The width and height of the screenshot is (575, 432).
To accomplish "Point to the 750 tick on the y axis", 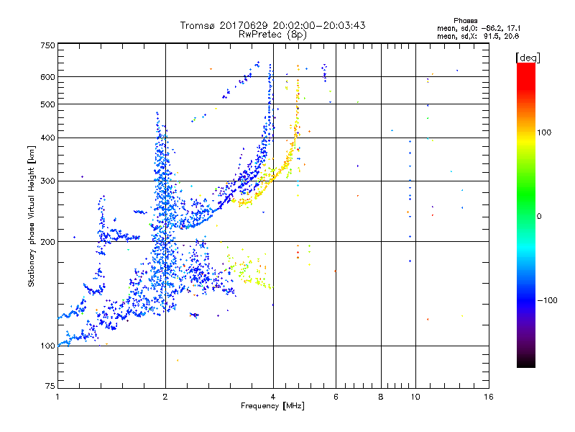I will (x=47, y=45).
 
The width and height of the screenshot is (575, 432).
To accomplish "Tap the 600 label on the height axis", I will (x=47, y=77).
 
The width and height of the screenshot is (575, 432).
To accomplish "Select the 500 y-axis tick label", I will (x=47, y=104).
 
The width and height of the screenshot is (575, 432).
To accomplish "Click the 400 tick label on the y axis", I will (x=47, y=138).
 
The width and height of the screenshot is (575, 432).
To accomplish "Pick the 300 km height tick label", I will (x=47, y=181).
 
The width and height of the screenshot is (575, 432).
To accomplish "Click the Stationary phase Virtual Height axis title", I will (x=32, y=216).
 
